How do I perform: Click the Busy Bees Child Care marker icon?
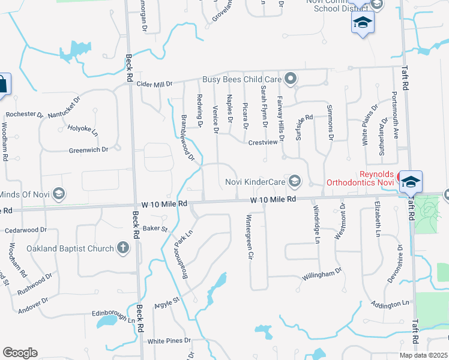(291, 79)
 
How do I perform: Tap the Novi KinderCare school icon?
(295, 181)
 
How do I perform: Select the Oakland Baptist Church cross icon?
(122, 248)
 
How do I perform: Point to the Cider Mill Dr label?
(154, 85)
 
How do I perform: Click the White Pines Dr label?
(169, 341)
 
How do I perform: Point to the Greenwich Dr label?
(88, 149)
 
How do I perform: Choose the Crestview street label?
(264, 142)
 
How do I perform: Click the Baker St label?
(155, 229)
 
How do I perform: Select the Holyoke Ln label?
(82, 128)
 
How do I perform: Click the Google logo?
(20, 353)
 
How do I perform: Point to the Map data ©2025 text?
(423, 355)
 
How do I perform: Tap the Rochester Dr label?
(24, 114)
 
